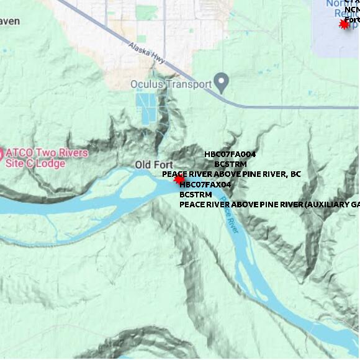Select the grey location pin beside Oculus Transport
click(220, 82)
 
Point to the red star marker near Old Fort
click(179, 179)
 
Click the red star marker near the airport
click(344, 24)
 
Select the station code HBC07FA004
click(230, 154)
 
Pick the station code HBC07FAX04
click(205, 184)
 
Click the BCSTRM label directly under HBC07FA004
click(230, 164)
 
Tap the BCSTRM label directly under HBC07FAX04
click(196, 194)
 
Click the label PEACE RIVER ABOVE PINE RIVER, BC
click(231, 174)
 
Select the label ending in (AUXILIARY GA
click(269, 204)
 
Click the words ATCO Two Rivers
click(47, 153)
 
